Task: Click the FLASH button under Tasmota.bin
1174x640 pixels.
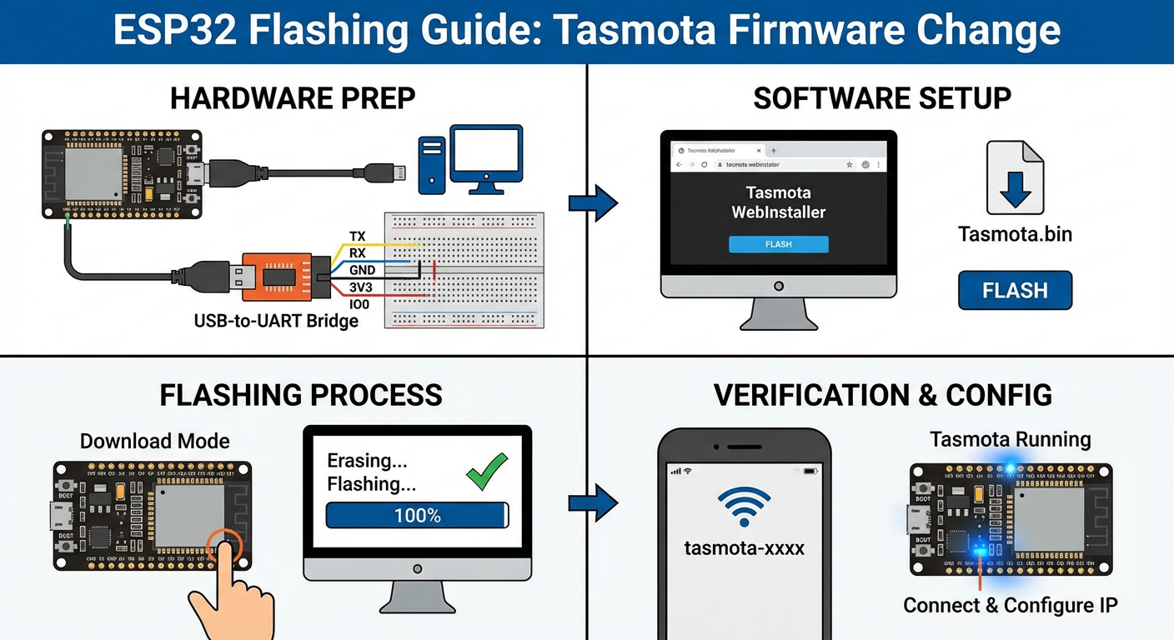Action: coord(1015,291)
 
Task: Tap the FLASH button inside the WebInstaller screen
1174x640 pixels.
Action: coord(778,244)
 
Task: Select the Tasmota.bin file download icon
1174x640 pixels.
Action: coord(1015,177)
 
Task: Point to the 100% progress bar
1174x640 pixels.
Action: coord(417,515)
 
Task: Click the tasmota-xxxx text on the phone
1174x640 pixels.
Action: coord(744,548)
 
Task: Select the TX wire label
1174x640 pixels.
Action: coord(358,237)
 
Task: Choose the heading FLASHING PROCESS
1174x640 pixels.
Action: coord(300,394)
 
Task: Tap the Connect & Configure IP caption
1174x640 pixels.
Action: coord(1011,605)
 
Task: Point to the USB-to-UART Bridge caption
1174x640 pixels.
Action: coord(276,320)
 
